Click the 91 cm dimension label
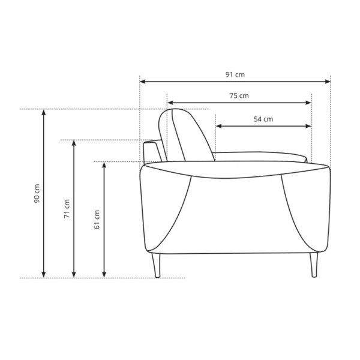pos(235,74)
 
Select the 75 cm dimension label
pos(239,95)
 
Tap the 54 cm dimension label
pos(263,119)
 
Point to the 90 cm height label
pos(37,193)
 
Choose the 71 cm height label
pos(67,209)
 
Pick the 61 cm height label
pos(97,220)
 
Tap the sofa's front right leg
pos(314,265)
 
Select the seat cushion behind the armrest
pos(259,157)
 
